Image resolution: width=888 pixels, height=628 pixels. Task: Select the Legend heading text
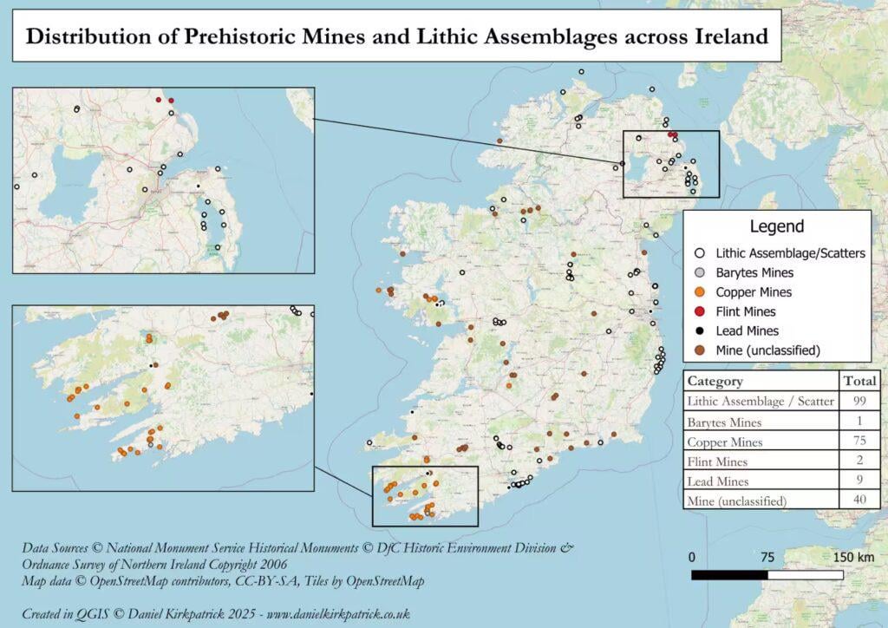tap(777, 227)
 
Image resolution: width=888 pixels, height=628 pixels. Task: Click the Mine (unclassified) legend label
tap(767, 350)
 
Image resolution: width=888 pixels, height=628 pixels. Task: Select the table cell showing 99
tap(860, 402)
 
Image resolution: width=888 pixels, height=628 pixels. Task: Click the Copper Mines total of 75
tap(860, 442)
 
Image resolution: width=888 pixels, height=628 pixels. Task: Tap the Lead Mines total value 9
tap(860, 481)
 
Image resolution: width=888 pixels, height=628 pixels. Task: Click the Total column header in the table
tap(860, 381)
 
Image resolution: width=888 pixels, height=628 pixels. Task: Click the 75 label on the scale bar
tap(767, 556)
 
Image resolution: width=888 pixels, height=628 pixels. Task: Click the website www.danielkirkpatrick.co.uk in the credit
tap(337, 613)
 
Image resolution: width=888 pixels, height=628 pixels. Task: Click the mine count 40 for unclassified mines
tap(860, 500)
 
